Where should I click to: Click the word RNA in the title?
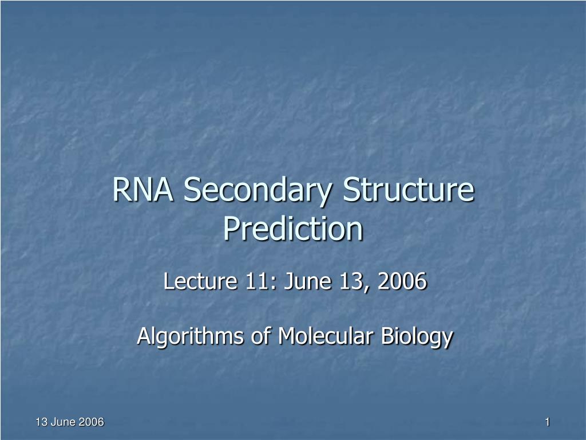tap(142, 190)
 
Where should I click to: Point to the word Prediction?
tap(294, 229)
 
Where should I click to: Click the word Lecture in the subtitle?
tap(200, 281)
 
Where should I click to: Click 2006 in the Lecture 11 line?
tap(402, 281)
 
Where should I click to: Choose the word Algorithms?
tap(190, 336)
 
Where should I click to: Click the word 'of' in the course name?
tap(260, 336)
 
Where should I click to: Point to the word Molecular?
tap(325, 336)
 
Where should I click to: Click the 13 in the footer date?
tap(41, 422)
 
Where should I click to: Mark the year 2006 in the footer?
tap(91, 422)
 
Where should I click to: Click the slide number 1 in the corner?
tap(548, 422)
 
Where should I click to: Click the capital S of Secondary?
tap(192, 190)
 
